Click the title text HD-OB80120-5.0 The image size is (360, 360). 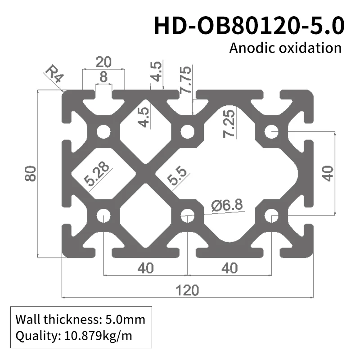249,26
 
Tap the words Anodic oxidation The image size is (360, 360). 285,48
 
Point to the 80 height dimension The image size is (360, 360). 30,173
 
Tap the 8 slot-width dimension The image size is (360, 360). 103,77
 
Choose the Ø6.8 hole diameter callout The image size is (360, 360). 227,205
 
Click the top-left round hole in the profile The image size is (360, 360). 103,132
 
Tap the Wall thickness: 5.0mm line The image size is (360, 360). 80,320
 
